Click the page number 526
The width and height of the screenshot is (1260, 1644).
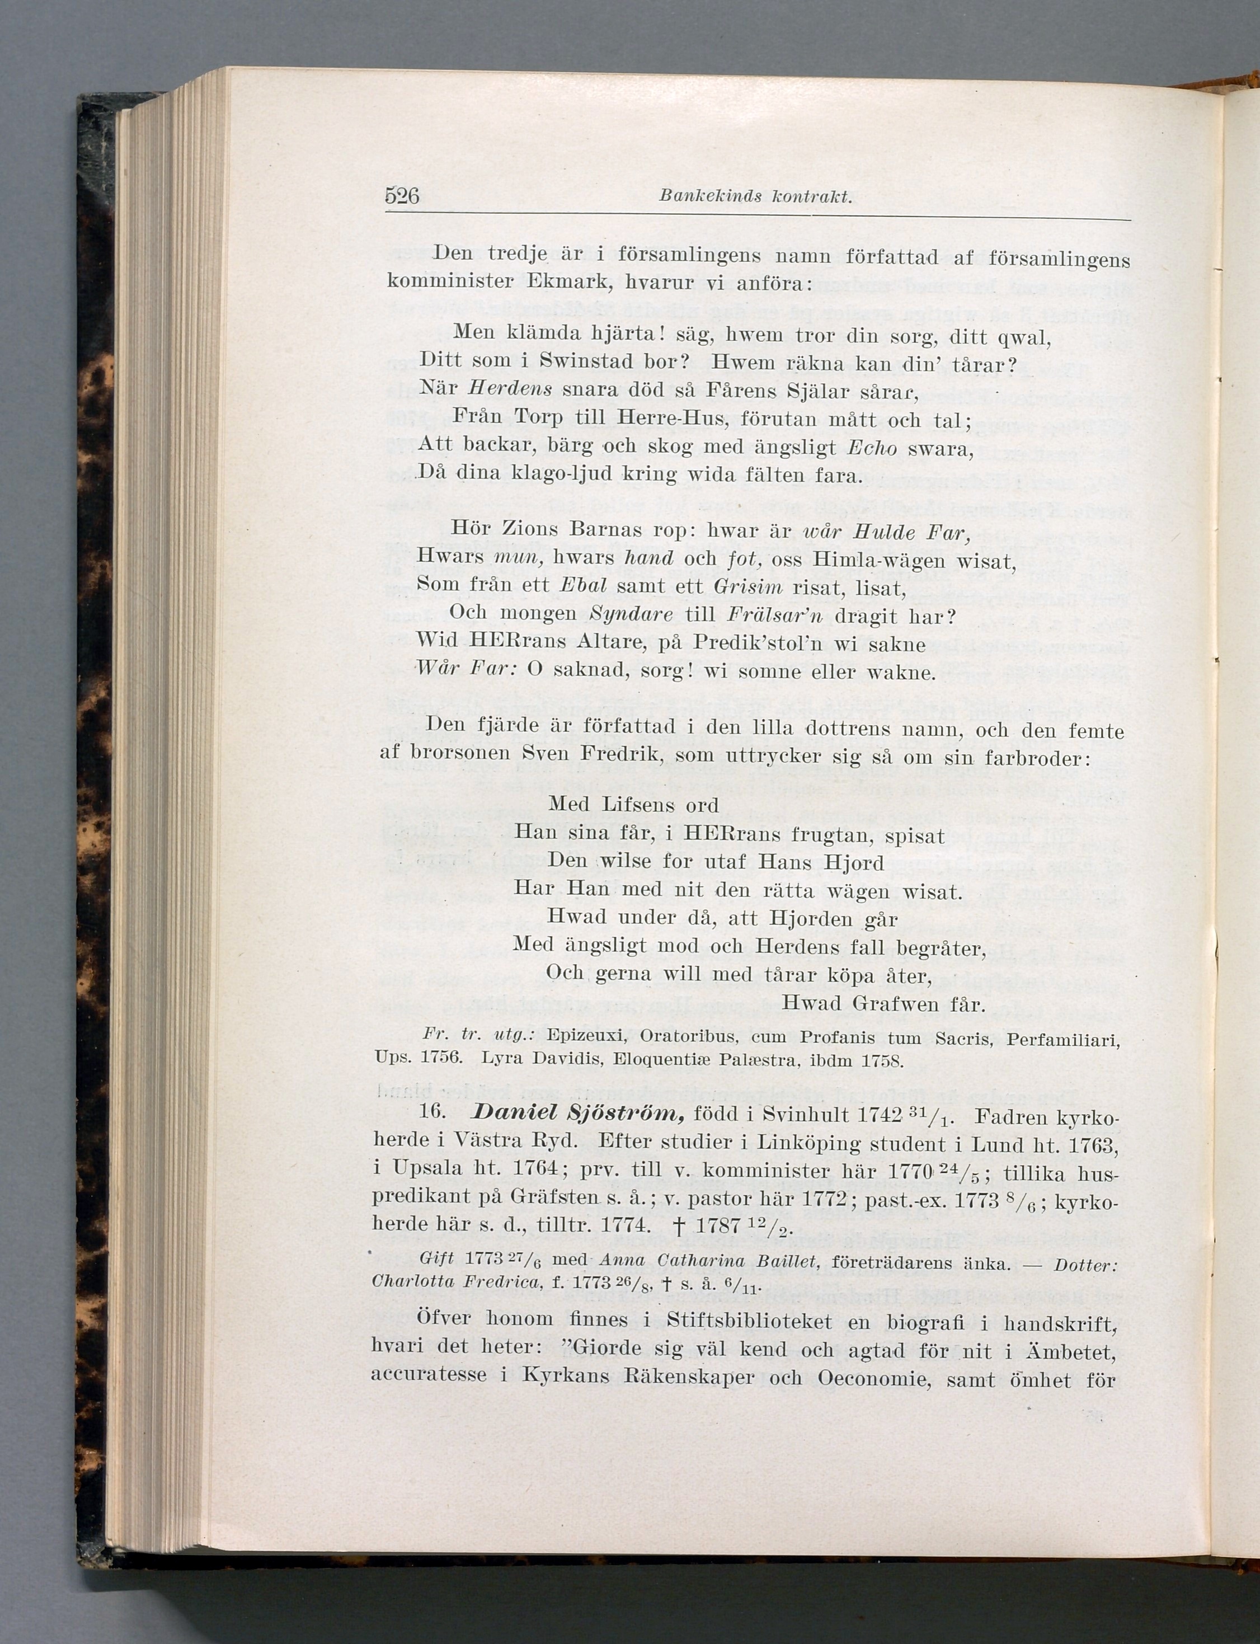pos(401,196)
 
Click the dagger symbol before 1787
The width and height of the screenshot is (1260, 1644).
pos(679,1225)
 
